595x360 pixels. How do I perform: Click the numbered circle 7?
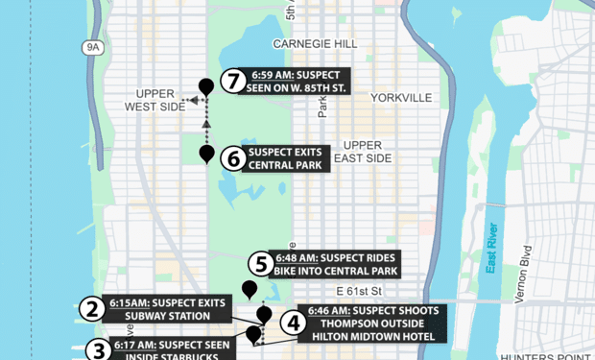coord(233,81)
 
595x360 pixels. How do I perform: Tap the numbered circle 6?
coord(233,158)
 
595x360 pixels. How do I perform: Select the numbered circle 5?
coord(260,264)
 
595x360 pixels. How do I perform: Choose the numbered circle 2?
coord(92,309)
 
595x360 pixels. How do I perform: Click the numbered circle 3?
coord(99,349)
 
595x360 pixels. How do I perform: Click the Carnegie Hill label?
coord(315,44)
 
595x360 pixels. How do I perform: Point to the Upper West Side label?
coord(155,100)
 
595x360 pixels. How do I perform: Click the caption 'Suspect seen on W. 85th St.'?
coord(298,81)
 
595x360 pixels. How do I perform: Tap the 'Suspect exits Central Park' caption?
coord(288,158)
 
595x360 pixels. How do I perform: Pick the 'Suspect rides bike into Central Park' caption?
coord(335,264)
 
